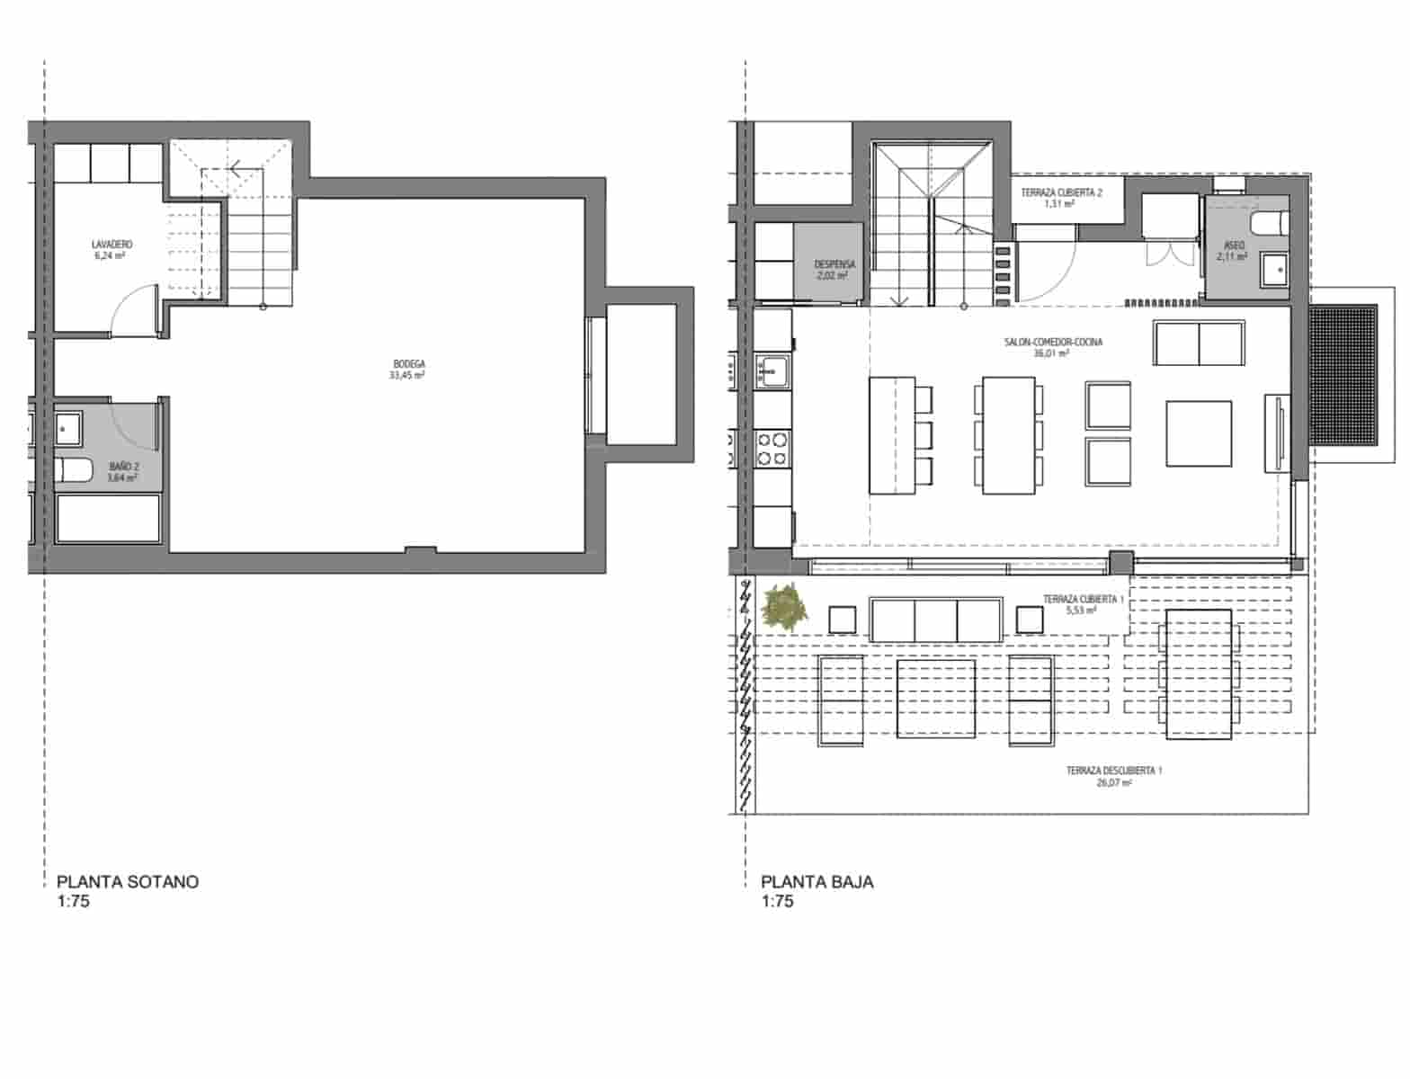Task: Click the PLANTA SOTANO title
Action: [x=128, y=881]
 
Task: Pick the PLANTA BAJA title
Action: [x=817, y=881]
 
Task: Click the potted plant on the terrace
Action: [x=784, y=605]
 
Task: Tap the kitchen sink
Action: [x=772, y=370]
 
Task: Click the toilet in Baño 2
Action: [x=74, y=469]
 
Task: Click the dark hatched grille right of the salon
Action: [x=1343, y=375]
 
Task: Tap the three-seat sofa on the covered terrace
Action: [x=935, y=620]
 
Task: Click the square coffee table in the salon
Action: [x=1199, y=433]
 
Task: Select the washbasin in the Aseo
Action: [x=1272, y=267]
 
